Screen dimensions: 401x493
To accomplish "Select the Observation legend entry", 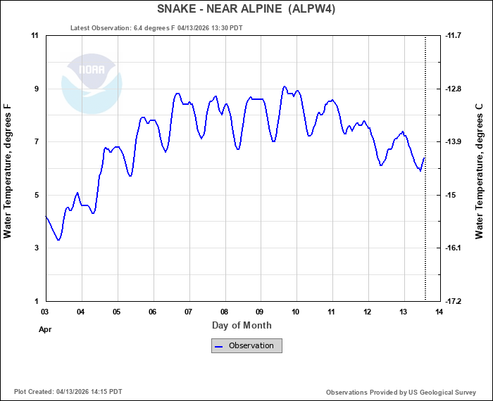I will tap(246, 345).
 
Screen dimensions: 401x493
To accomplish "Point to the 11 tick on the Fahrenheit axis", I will tap(34, 35).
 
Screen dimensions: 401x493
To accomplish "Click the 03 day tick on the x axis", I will tap(44, 311).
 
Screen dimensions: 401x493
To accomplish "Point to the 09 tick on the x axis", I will tap(260, 311).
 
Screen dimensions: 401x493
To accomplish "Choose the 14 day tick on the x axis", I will tap(439, 311).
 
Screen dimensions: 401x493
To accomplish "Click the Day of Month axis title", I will tap(242, 325).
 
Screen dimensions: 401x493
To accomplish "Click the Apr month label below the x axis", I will tap(44, 329).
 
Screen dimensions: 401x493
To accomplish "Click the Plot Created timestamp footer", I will tap(68, 392).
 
